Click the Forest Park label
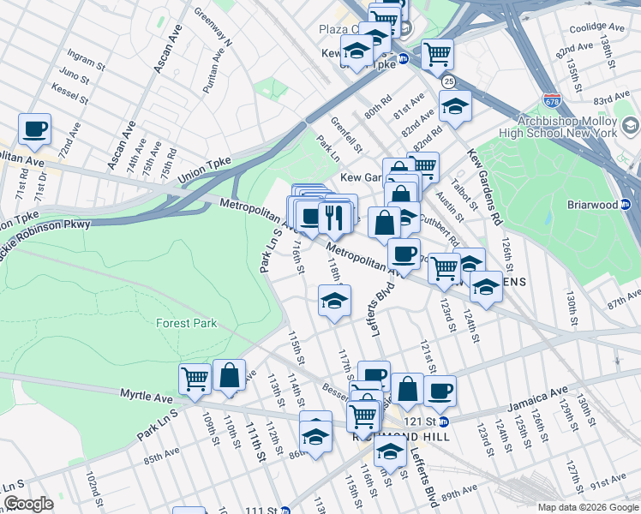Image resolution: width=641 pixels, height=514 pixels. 186,323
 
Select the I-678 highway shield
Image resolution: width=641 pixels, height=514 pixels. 552,101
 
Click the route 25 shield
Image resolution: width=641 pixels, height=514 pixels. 449,81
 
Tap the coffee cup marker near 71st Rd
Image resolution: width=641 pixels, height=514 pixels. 34,129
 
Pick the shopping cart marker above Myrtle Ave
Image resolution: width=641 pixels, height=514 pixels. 195,378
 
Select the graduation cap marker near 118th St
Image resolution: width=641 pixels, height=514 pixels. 335,301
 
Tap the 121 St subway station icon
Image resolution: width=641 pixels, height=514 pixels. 444,421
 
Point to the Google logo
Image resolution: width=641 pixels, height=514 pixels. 27,504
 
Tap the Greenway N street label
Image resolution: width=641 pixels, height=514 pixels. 213,28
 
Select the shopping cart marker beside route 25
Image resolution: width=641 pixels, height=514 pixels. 437,54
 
